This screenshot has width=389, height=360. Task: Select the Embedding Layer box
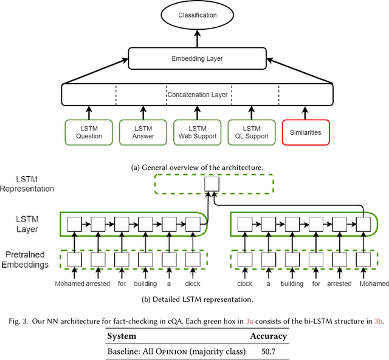pyautogui.click(x=197, y=59)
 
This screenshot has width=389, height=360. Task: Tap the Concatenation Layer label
pyautogui.click(x=198, y=95)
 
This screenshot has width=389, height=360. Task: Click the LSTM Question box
pyautogui.click(x=89, y=132)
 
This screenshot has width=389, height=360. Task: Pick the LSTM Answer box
pyautogui.click(x=143, y=132)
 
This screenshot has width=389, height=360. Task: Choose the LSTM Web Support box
pyautogui.click(x=197, y=132)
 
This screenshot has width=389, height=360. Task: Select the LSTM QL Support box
pyautogui.click(x=252, y=132)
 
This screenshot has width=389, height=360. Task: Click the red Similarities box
pyautogui.click(x=306, y=132)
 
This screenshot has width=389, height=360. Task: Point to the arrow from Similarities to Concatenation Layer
pyautogui.click(x=306, y=112)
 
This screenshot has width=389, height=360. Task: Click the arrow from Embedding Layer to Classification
pyautogui.click(x=197, y=38)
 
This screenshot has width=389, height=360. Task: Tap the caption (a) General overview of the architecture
pyautogui.click(x=198, y=166)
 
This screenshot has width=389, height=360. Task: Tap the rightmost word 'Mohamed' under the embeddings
pyautogui.click(x=374, y=284)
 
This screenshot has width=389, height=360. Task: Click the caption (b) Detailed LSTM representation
pyautogui.click(x=198, y=298)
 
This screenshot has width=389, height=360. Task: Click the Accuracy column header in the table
pyautogui.click(x=268, y=336)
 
